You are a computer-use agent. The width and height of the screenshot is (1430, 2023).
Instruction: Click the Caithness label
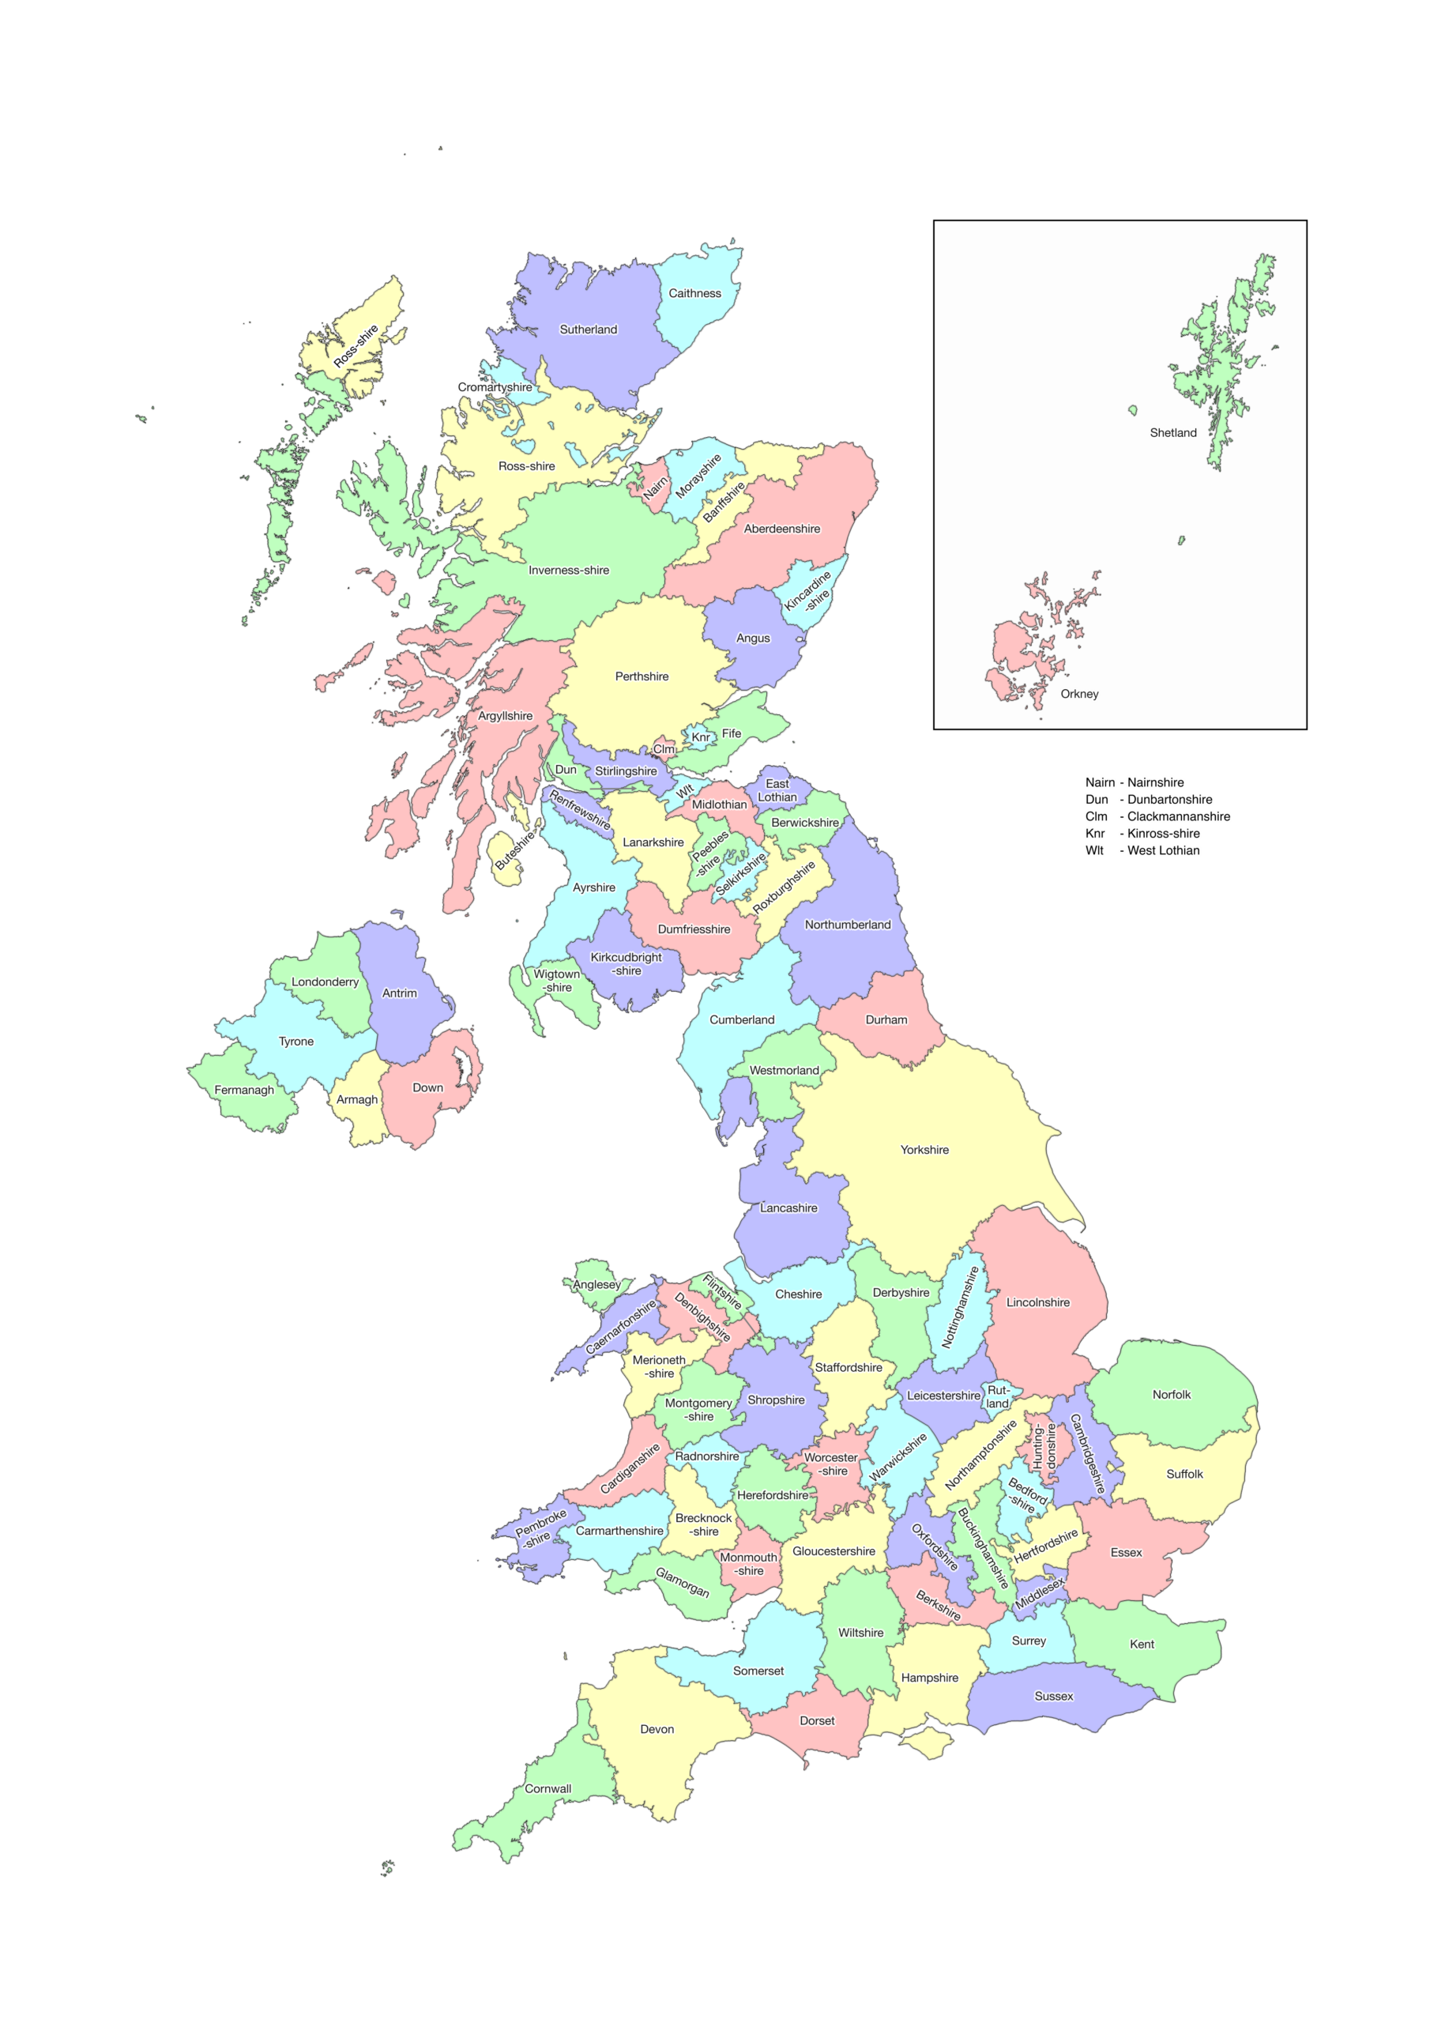tap(694, 293)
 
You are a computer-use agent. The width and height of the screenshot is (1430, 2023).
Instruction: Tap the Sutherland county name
tap(589, 330)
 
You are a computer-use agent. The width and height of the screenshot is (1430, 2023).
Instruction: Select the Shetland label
tap(1172, 432)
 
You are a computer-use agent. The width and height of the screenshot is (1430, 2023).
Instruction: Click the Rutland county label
tap(997, 1396)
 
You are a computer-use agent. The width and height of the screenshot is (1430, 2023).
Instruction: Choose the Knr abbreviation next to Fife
tap(701, 737)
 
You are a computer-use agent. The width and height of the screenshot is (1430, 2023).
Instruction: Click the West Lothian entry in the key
tap(1163, 850)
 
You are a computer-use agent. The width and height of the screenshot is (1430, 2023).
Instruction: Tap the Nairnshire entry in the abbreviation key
tap(1155, 782)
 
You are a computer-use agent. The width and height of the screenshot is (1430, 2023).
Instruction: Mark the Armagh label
tap(357, 1099)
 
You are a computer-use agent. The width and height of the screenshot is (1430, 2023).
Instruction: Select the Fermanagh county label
tap(244, 1090)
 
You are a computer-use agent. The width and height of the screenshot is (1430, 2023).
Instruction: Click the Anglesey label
tap(596, 1285)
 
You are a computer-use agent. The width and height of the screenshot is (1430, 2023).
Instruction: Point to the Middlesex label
tap(1040, 1593)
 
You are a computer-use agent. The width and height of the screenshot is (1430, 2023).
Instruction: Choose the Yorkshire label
tap(924, 1150)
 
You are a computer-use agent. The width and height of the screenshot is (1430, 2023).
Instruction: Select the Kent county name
tap(1142, 1644)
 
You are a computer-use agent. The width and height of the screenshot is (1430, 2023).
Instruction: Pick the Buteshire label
tap(515, 850)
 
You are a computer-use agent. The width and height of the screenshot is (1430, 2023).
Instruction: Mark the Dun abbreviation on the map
tap(566, 769)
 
